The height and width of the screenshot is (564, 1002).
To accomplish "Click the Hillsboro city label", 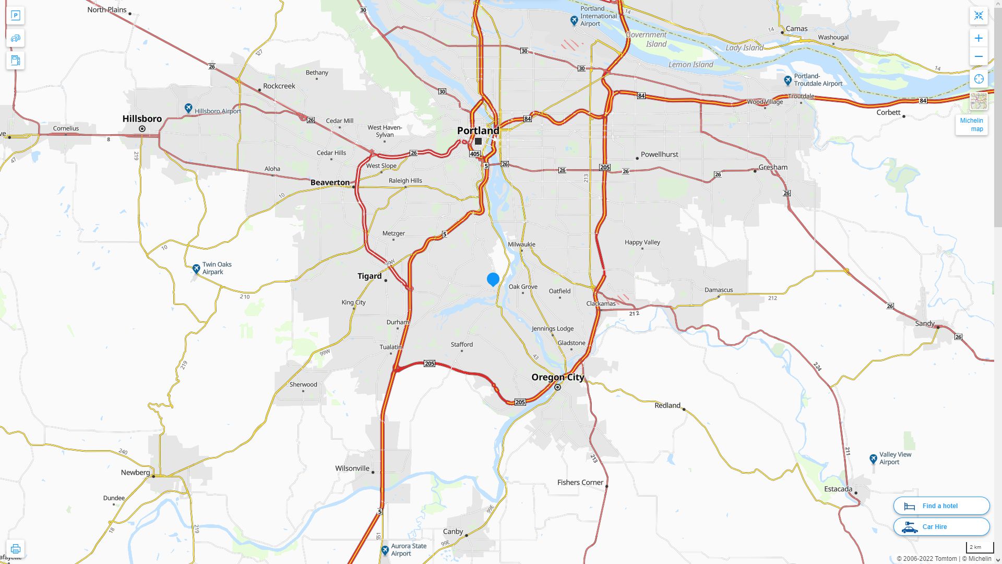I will pos(142,119).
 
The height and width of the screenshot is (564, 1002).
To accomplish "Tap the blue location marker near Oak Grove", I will pos(493,279).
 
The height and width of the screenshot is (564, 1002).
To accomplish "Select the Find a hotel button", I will pos(941,506).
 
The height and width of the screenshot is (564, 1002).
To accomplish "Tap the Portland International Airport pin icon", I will pos(574,20).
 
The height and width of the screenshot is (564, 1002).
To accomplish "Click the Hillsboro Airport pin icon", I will pos(188,108).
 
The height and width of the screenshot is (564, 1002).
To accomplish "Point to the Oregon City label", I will pos(557,377).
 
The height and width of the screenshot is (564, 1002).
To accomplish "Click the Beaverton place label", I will pos(330,182).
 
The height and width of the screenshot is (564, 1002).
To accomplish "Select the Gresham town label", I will pos(773,167).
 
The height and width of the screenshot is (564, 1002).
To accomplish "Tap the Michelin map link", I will pos(971,125).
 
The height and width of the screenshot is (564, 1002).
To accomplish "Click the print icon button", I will pos(15,548).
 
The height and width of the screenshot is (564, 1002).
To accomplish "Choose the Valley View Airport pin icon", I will pos(873,459).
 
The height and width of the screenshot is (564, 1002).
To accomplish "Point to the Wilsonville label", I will pos(352,468).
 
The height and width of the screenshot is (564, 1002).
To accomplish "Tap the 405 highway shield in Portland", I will pos(474,154).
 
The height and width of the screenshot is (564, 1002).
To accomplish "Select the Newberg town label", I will pos(135,472).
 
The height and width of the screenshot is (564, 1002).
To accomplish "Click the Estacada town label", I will pos(838,489).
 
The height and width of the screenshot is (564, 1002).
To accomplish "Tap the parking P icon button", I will pos(15,16).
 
